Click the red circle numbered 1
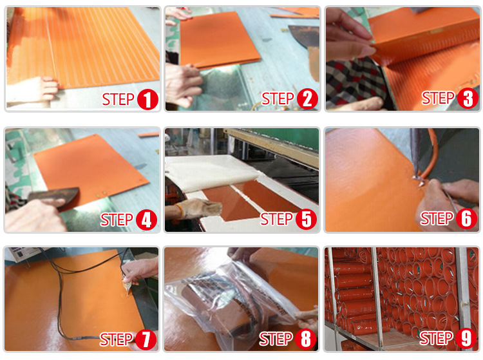147,99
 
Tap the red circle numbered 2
307,99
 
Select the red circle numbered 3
468,99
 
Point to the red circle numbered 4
146,220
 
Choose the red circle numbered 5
306,219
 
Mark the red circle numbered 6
466,218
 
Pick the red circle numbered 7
146,339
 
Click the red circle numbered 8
305,339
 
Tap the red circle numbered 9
466,338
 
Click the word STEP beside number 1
118,99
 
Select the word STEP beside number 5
276,219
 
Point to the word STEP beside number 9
436,338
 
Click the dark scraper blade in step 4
55,197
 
